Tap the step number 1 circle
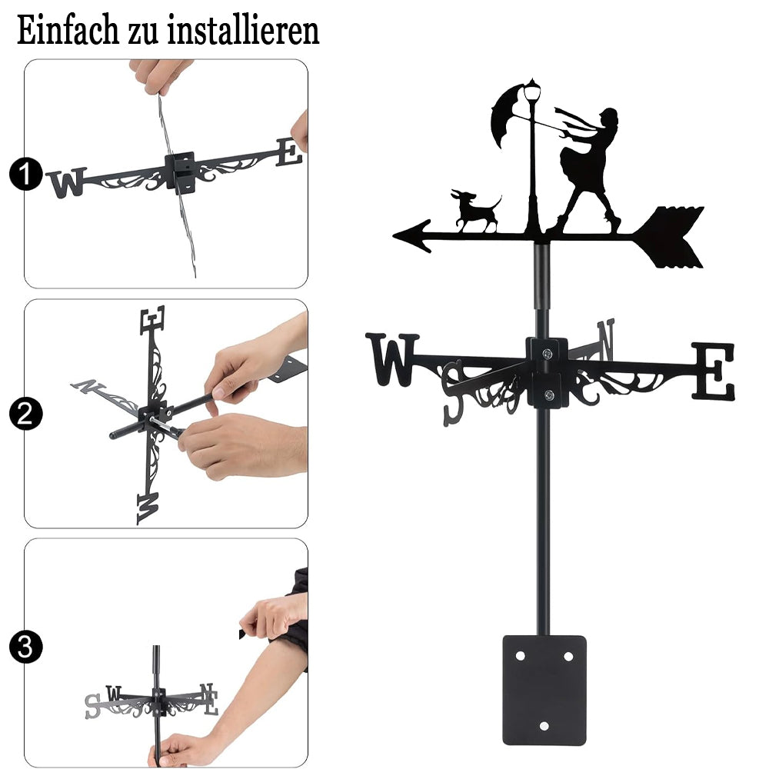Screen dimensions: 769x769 [25, 174]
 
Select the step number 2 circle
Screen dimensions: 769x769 [25, 414]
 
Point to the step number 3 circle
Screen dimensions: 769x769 [25, 647]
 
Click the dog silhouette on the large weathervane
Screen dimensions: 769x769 [474, 211]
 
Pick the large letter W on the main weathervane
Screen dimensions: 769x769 [392, 359]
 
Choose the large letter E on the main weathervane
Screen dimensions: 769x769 [714, 371]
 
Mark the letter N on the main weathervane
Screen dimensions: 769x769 [606, 339]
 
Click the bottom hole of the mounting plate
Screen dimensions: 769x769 [544, 726]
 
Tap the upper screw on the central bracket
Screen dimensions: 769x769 [548, 353]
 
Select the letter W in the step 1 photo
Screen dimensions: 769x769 [67, 182]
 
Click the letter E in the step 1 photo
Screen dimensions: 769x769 [289, 151]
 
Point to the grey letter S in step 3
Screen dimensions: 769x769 [93, 706]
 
